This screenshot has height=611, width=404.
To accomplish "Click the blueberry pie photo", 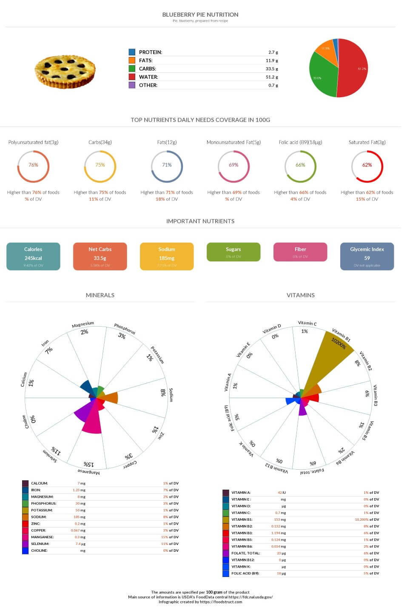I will tap(65, 71).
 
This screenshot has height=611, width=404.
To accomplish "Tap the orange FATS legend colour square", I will tap(132, 60).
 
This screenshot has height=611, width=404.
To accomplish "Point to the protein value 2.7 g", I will tap(273, 52).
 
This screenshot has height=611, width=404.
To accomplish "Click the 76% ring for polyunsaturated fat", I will tap(33, 166).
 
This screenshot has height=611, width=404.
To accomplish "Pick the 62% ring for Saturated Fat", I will tap(367, 166).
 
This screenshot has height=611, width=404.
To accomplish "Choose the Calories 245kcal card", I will tap(33, 256).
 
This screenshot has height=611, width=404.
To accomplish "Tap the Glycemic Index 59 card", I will tap(367, 256).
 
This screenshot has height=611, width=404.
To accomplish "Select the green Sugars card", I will tap(233, 252).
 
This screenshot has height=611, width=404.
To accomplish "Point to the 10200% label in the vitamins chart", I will tap(339, 344).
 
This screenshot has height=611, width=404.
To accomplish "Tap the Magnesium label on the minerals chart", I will tap(83, 325).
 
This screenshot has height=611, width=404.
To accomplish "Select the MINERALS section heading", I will tap(100, 295).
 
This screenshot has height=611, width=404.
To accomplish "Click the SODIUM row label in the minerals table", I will tap(39, 517).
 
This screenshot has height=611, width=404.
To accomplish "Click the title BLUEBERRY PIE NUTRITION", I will tap(200, 14).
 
